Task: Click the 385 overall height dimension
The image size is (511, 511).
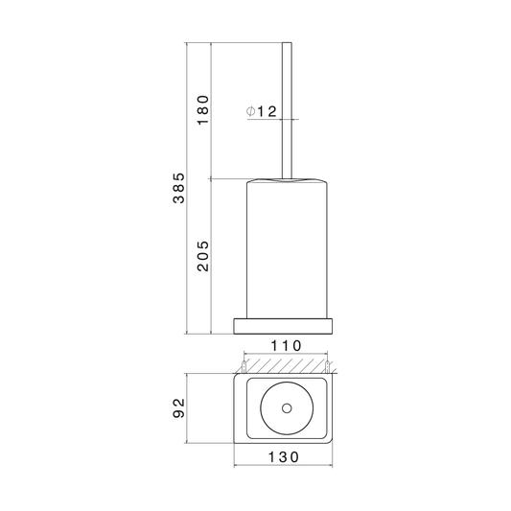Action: [x=178, y=188]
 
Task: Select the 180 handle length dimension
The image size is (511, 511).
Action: [x=202, y=110]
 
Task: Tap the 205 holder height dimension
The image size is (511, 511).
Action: [x=202, y=256]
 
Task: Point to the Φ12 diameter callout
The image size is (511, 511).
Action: [x=262, y=111]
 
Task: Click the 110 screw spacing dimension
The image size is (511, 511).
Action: [x=286, y=346]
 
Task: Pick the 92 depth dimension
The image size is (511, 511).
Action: [x=178, y=407]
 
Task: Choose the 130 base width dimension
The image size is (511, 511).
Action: [x=283, y=457]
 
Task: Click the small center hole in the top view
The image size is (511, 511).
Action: [x=287, y=408]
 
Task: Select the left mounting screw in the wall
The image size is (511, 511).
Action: [x=244, y=366]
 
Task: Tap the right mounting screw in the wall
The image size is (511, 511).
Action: [x=327, y=366]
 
